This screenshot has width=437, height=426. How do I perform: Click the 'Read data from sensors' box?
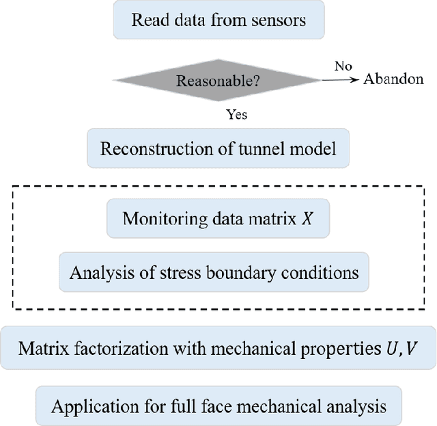tap(218, 21)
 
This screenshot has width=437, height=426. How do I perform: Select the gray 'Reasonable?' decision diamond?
tap(218, 81)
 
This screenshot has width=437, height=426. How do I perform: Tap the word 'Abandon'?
tap(394, 79)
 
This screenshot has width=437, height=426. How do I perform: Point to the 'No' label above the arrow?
tap(343, 66)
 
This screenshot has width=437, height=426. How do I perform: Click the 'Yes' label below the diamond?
tap(236, 114)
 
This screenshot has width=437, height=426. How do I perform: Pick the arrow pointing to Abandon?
tap(339, 80)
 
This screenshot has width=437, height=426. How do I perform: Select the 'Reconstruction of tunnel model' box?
tap(218, 149)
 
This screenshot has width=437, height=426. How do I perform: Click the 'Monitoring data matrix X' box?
tap(218, 219)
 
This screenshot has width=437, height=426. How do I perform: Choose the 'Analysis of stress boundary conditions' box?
tap(214, 273)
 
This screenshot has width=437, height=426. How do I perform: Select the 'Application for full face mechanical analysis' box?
tap(218, 406)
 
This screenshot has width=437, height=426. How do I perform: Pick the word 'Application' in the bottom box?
tap(85, 407)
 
